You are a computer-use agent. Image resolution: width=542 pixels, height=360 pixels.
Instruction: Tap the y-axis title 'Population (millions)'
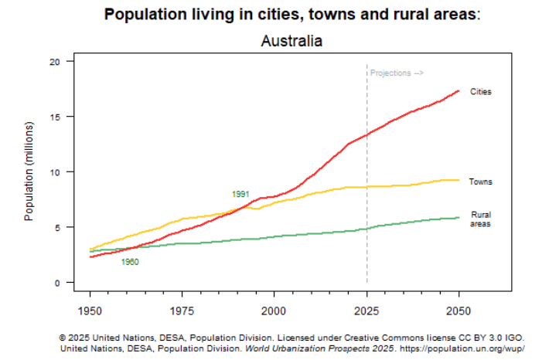[x=29, y=171]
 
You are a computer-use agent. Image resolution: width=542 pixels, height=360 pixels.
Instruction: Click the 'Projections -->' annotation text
[x=397, y=73]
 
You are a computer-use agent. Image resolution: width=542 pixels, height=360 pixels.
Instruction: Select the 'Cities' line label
[x=481, y=92]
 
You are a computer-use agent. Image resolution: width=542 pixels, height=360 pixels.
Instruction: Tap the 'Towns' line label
[x=481, y=182]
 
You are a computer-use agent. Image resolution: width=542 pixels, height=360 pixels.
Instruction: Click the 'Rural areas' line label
[x=481, y=219]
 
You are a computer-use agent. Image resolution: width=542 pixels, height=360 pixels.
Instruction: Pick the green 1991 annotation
[x=240, y=194]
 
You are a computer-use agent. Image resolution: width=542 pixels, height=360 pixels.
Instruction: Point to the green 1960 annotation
[x=130, y=263]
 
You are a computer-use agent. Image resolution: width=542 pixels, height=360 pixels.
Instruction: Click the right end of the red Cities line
[x=458, y=90]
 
